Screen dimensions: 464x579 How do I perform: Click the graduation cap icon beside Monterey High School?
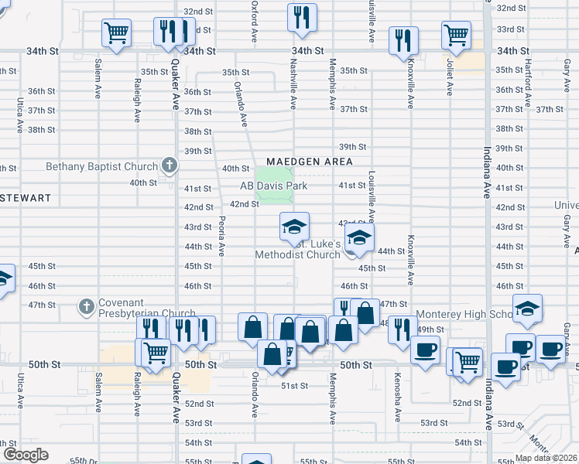click(x=526, y=309)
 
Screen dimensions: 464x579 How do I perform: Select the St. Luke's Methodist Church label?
click(x=299, y=249)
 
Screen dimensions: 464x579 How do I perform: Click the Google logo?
click(x=25, y=454)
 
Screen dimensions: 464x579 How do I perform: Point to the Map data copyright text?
click(x=546, y=458)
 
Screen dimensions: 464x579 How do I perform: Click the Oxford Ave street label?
click(x=254, y=22)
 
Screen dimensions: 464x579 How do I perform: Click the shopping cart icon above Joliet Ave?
click(x=456, y=35)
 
